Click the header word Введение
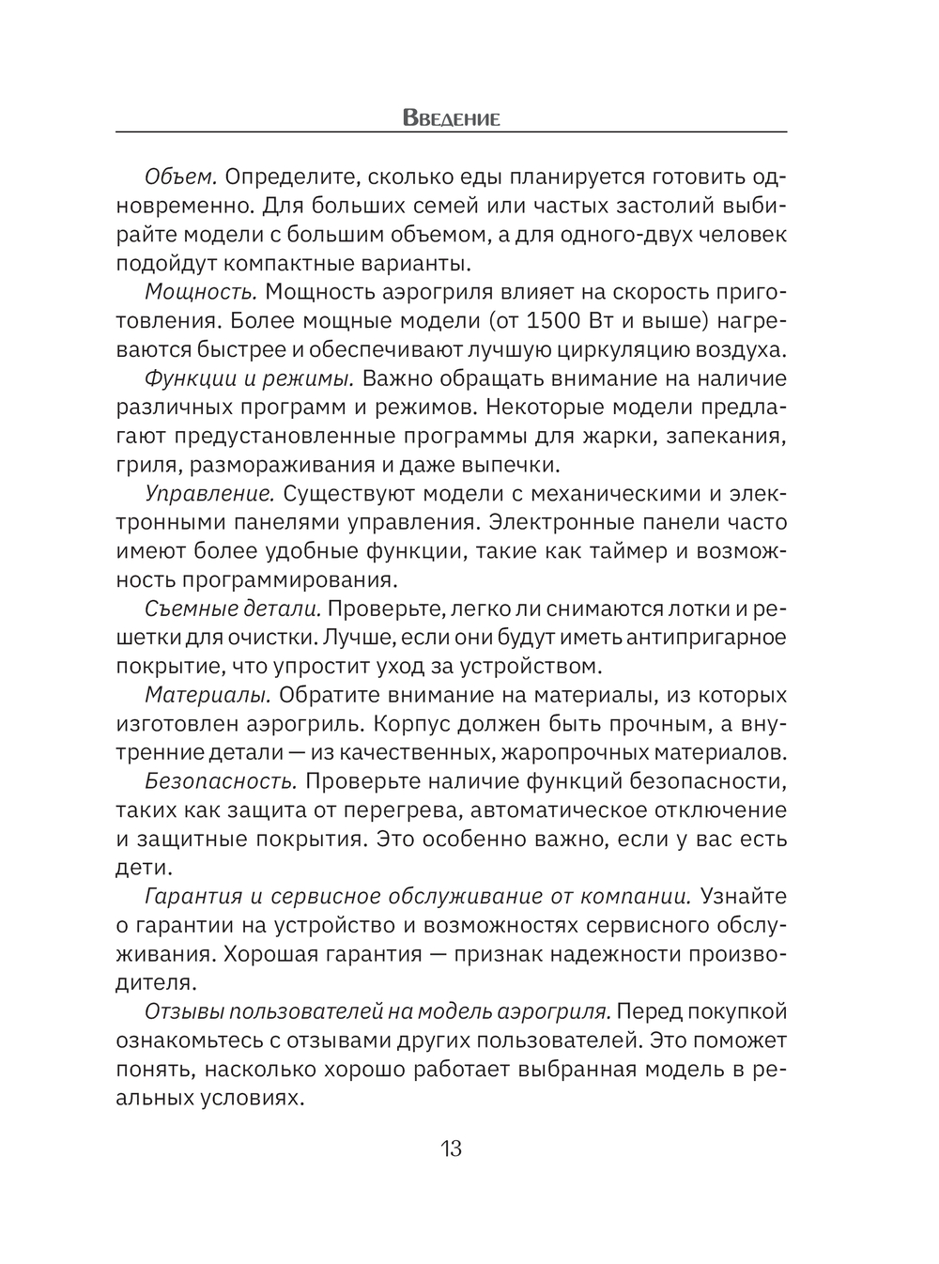tap(451, 118)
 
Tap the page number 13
tap(451, 1148)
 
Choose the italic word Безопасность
tap(221, 781)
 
